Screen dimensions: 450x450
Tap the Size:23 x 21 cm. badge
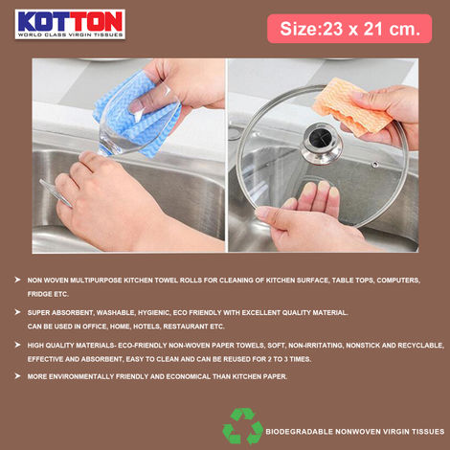pos(349,28)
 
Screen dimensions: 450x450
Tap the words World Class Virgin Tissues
pos(69,34)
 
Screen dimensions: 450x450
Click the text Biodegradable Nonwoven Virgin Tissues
pos(355,431)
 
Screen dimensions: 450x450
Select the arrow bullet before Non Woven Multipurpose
pos(17,280)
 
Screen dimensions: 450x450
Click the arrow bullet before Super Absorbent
pos(17,312)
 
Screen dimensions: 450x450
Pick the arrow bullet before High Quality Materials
pos(17,344)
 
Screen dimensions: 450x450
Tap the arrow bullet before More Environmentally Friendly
pos(17,375)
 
